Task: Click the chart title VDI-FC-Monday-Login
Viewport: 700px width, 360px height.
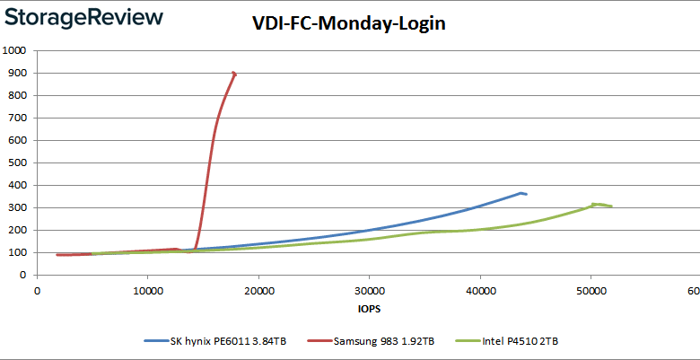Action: [348, 24]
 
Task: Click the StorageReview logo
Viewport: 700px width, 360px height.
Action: [86, 17]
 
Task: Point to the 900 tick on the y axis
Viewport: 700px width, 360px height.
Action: [16, 73]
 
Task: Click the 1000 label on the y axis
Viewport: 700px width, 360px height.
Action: [13, 50]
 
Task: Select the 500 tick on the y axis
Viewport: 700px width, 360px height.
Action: [16, 162]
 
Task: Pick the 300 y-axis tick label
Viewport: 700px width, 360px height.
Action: [16, 207]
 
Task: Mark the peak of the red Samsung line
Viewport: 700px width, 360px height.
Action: [234, 73]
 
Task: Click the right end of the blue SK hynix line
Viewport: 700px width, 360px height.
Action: [526, 194]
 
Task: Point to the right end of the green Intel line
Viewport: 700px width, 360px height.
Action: [611, 206]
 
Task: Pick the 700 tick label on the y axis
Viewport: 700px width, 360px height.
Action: [16, 118]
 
